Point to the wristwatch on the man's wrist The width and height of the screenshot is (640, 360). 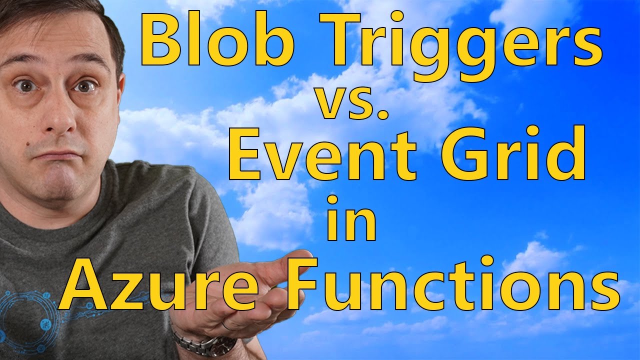pyautogui.click(x=205, y=342)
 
